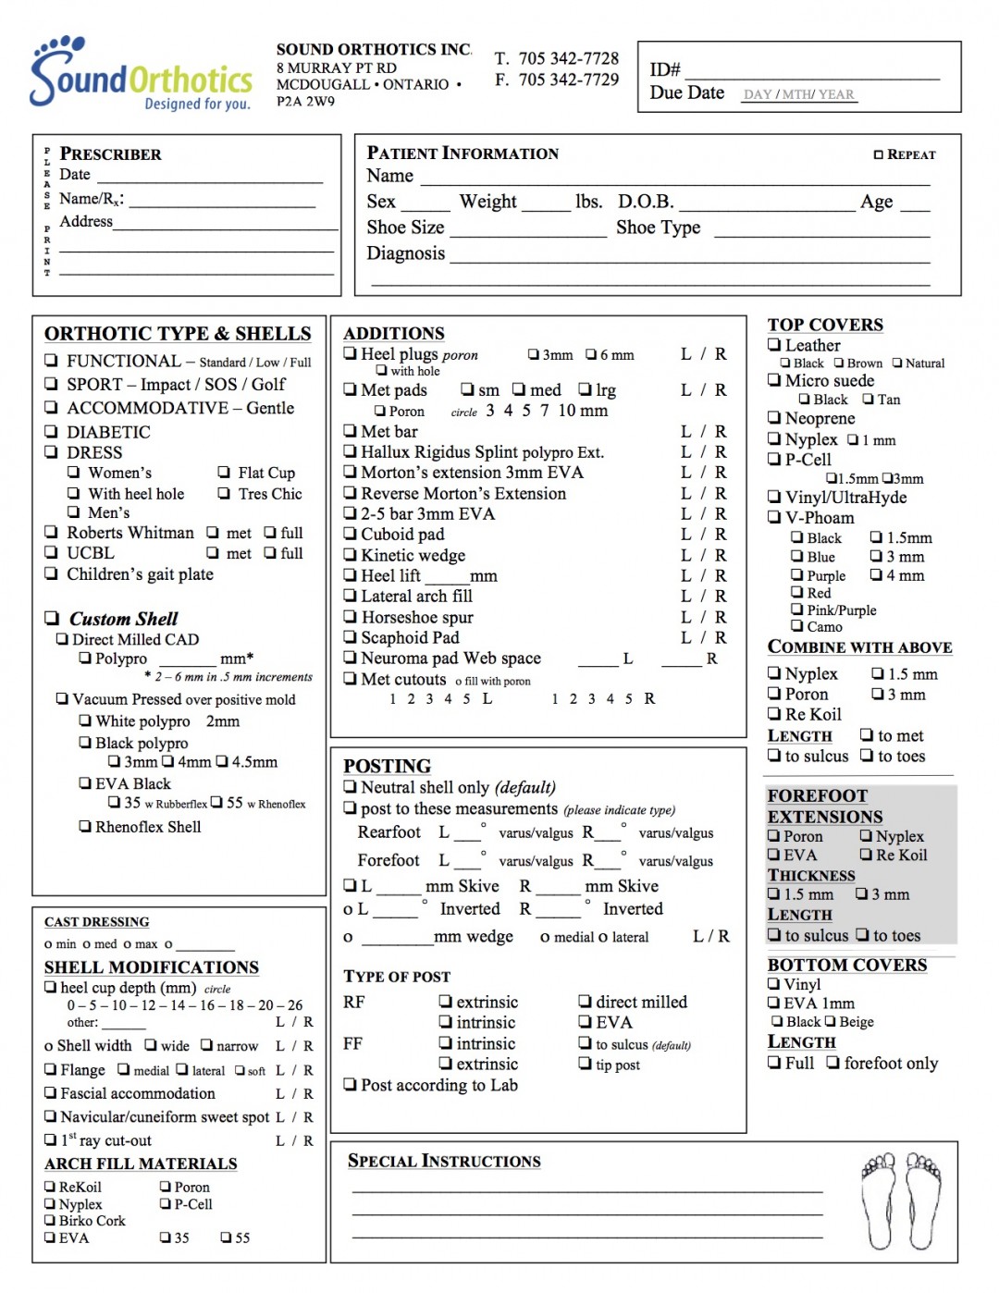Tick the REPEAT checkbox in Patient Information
pyautogui.click(x=879, y=154)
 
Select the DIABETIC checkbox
pyautogui.click(x=52, y=432)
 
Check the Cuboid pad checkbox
pyautogui.click(x=350, y=535)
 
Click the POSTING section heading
pyautogui.click(x=387, y=766)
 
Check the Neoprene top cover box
pyautogui.click(x=774, y=418)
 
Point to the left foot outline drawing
pyautogui.click(x=879, y=1201)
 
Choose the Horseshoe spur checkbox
pyautogui.click(x=350, y=618)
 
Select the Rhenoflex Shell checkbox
pyautogui.click(x=85, y=827)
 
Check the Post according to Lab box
pyautogui.click(x=350, y=1085)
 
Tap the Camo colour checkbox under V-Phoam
pyautogui.click(x=796, y=626)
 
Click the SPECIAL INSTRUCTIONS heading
pyautogui.click(x=444, y=1161)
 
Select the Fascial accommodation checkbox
pyautogui.click(x=51, y=1093)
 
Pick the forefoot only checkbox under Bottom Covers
pyautogui.click(x=833, y=1063)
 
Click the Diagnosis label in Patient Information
pyautogui.click(x=405, y=253)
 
